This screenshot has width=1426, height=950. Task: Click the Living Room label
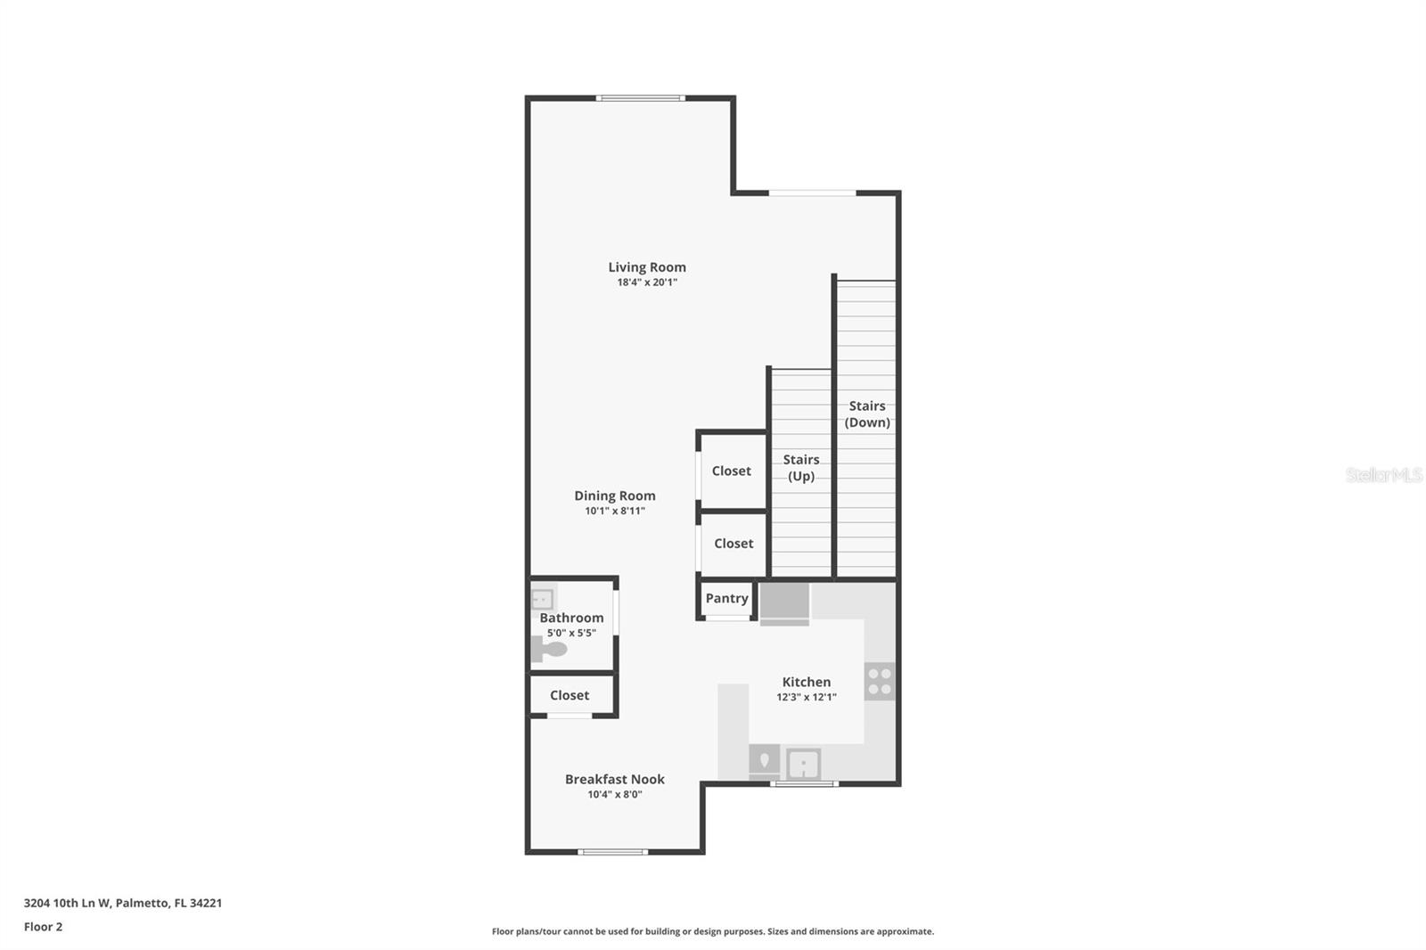[647, 266]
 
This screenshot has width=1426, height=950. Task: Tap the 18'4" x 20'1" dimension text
[647, 283]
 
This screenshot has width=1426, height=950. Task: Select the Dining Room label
[614, 495]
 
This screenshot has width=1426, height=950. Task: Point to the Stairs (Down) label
[867, 414]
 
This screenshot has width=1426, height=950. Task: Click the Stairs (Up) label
[800, 467]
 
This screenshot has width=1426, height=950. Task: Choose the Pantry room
[726, 598]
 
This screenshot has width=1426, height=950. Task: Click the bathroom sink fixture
[542, 599]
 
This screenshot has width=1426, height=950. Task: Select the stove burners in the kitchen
[880, 681]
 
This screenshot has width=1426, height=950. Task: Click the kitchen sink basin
[804, 764]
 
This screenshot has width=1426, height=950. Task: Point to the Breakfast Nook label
[614, 779]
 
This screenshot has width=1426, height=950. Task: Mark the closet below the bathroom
[570, 695]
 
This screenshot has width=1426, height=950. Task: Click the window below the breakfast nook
[613, 852]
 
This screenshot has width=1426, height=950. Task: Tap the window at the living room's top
[641, 98]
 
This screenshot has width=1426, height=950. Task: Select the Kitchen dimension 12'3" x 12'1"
[806, 698]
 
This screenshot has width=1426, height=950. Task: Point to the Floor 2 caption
[43, 927]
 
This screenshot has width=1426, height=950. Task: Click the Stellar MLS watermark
[1383, 475]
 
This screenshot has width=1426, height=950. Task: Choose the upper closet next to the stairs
[732, 471]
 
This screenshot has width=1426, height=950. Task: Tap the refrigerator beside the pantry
[784, 602]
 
